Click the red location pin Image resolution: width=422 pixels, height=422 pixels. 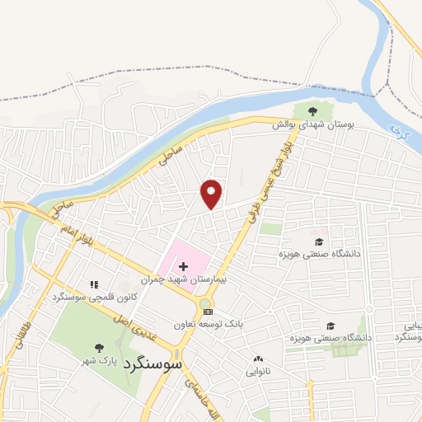point(212,194)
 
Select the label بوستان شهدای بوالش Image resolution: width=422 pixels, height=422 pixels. point(314,124)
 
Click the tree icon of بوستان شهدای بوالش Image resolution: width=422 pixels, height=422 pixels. point(312,110)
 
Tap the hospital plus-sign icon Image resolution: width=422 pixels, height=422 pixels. point(183,267)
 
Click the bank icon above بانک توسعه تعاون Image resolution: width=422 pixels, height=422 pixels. point(208,312)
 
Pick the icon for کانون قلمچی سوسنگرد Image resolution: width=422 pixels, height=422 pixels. point(92,284)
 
